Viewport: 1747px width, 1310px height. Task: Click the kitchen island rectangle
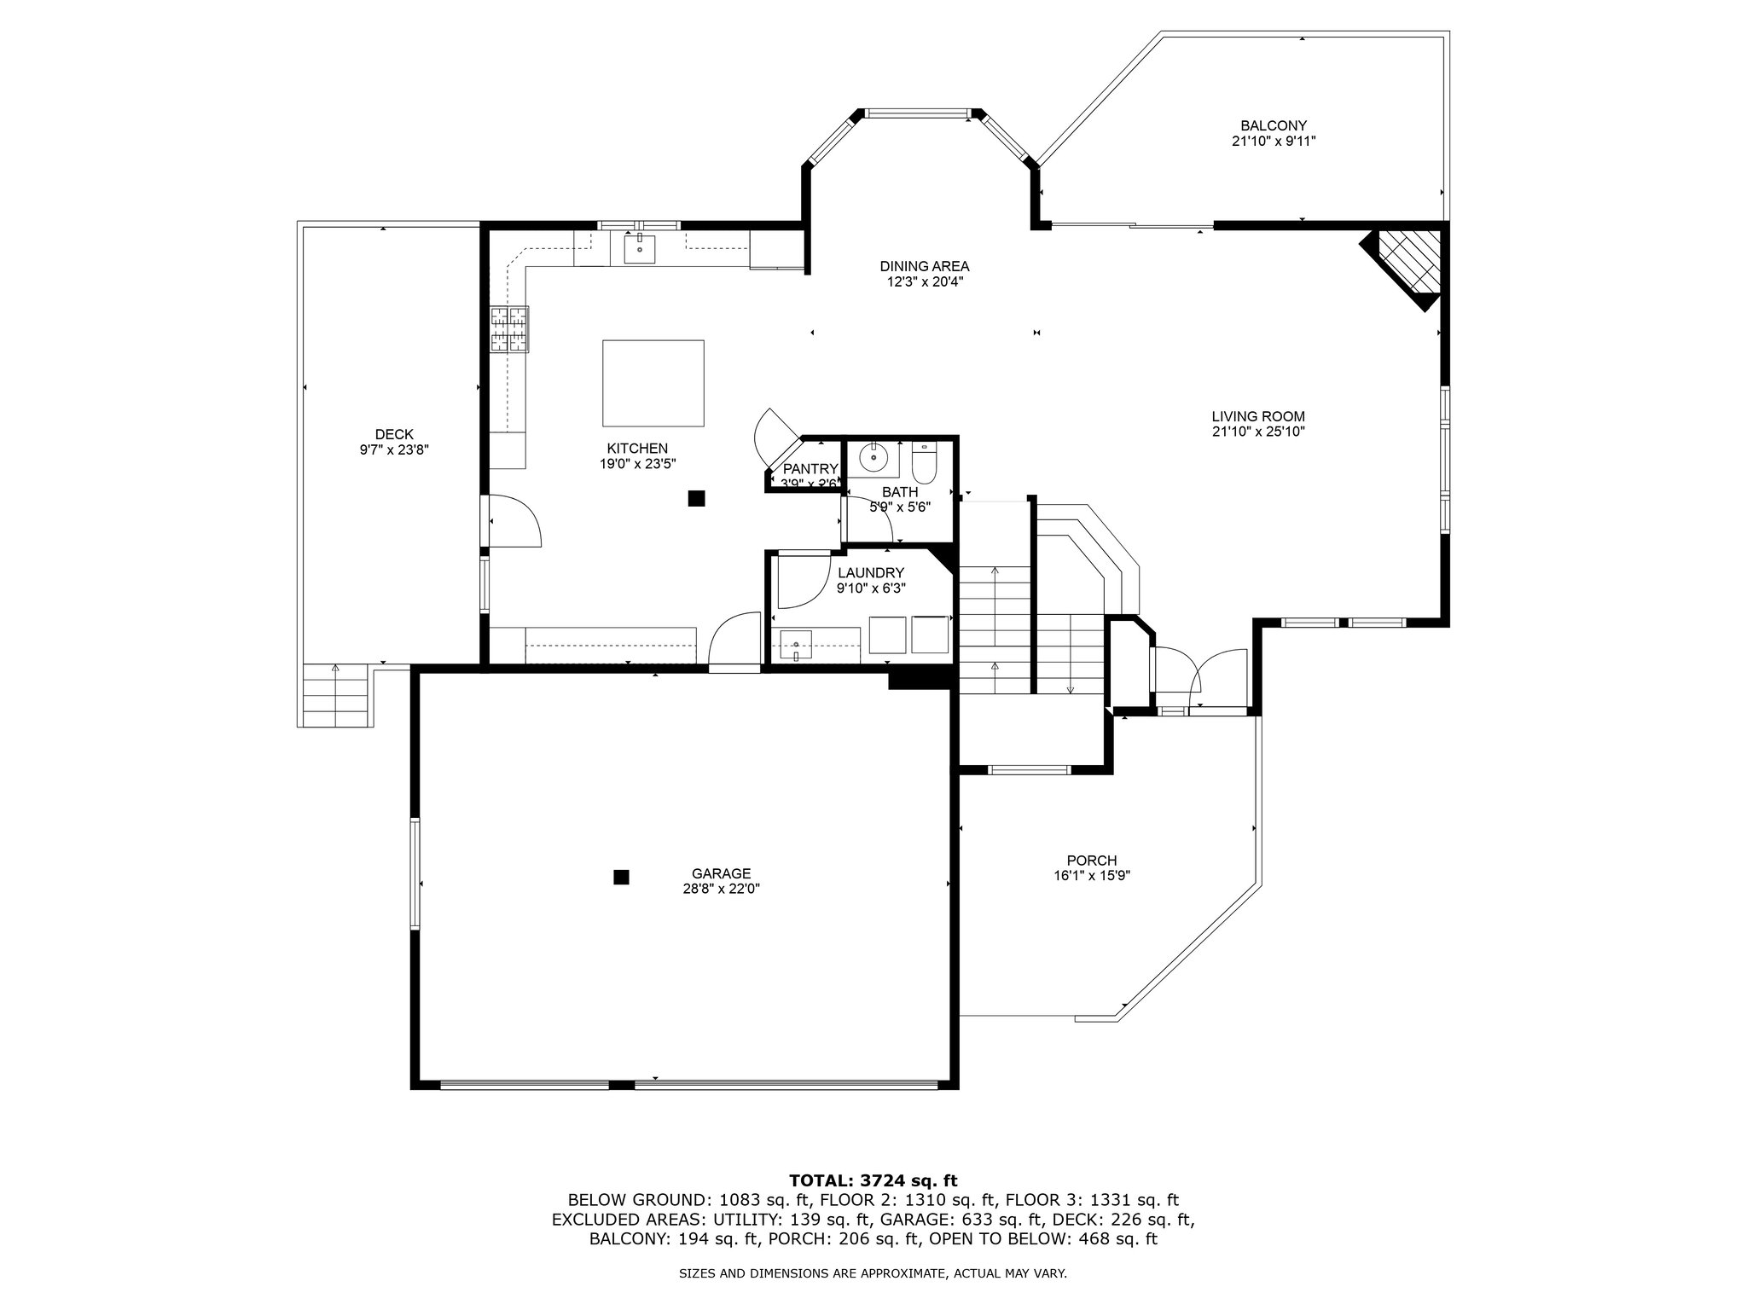(653, 383)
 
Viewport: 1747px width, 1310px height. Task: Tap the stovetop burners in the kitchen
(509, 328)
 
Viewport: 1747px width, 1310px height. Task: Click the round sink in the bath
(873, 457)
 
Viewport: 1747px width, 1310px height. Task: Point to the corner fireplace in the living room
(1405, 264)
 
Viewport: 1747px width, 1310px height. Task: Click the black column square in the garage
(622, 876)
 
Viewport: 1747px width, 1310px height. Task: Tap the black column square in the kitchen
(697, 499)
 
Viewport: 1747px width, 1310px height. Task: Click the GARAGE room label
(721, 873)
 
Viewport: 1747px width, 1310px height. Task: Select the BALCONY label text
(1274, 126)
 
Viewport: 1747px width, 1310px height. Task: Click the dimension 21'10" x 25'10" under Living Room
(1258, 432)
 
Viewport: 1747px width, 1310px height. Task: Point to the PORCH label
(1092, 861)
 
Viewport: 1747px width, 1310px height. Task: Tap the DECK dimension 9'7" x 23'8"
(394, 449)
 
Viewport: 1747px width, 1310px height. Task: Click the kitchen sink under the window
(640, 249)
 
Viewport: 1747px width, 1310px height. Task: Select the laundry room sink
(796, 644)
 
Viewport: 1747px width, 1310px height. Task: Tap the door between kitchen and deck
(512, 520)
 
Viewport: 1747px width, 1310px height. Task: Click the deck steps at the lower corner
(336, 695)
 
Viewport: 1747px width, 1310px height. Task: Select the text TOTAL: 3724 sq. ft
(873, 1180)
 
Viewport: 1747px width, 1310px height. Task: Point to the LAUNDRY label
(870, 573)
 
